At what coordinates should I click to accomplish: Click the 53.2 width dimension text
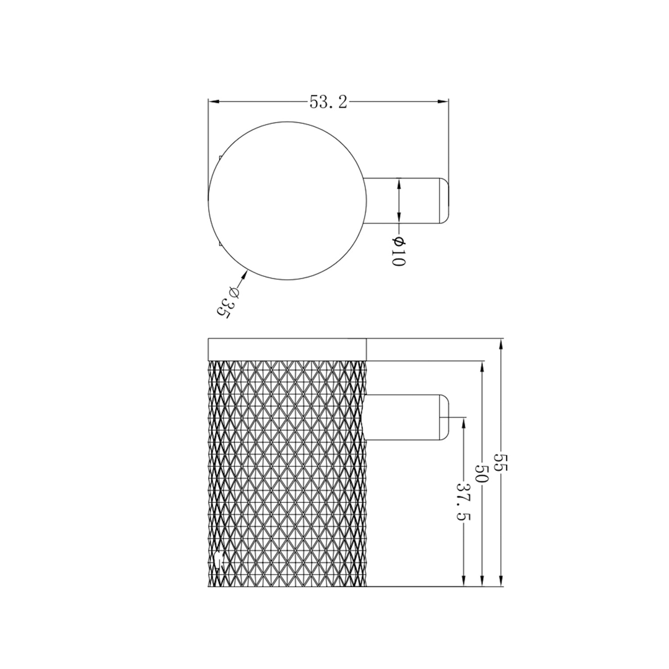328,102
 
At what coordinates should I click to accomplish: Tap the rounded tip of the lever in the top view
444,201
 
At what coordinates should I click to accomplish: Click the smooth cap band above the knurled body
287,349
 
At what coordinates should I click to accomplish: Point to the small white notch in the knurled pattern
218,560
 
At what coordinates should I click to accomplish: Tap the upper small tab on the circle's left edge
220,158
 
